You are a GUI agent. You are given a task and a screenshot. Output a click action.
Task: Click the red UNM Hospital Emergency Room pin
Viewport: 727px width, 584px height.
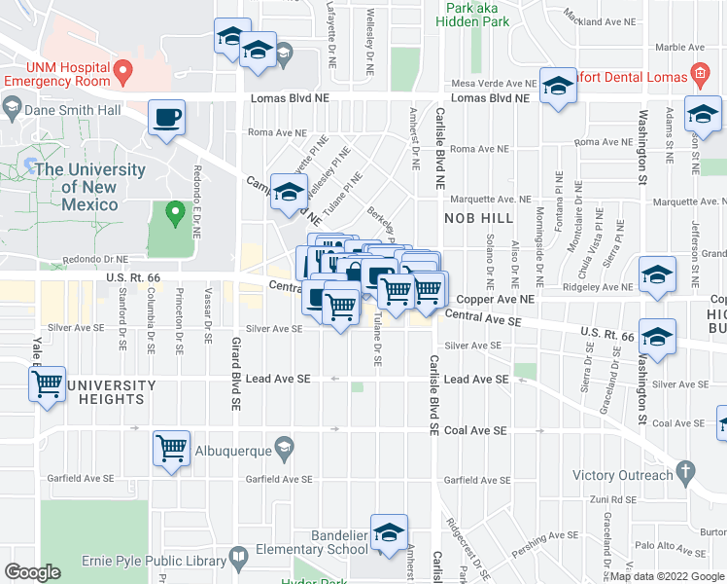(122, 71)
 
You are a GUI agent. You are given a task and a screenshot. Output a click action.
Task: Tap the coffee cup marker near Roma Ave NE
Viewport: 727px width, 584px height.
(167, 118)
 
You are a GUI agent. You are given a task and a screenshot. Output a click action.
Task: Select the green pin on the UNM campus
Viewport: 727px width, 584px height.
(175, 211)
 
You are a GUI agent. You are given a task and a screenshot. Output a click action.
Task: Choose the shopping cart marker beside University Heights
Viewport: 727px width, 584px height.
(47, 385)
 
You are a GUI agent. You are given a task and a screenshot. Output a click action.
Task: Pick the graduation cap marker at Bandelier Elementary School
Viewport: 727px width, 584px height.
(389, 532)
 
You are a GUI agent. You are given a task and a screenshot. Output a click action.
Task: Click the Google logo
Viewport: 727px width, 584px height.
(34, 572)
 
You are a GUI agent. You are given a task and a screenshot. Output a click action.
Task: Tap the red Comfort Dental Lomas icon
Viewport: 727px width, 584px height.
(699, 73)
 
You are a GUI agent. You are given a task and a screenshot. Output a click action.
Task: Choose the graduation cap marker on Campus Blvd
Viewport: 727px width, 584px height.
(289, 193)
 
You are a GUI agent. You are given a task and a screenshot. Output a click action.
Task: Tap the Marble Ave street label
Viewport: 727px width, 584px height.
(678, 46)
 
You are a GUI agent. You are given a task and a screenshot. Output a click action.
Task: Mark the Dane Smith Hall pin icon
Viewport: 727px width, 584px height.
(13, 111)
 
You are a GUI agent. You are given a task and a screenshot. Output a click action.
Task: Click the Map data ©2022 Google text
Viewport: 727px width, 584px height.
(666, 576)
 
